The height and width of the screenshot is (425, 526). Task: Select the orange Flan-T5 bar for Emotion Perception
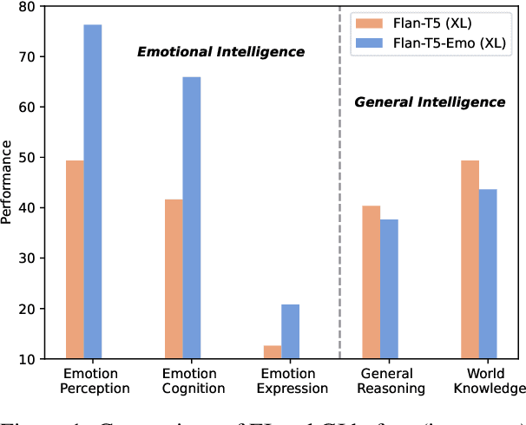75,259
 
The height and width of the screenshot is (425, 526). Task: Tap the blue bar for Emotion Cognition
191,218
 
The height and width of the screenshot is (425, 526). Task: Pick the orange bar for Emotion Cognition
174,278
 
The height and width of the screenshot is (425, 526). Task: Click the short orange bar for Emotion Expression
273,352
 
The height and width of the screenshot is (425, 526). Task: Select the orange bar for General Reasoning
371,282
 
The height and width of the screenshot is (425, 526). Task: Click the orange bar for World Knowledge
470,259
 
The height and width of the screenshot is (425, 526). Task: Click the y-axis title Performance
7,183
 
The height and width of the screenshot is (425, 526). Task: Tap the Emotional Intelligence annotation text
221,52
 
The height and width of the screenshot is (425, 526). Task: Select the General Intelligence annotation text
430,102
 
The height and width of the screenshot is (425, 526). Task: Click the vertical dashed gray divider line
339,217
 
